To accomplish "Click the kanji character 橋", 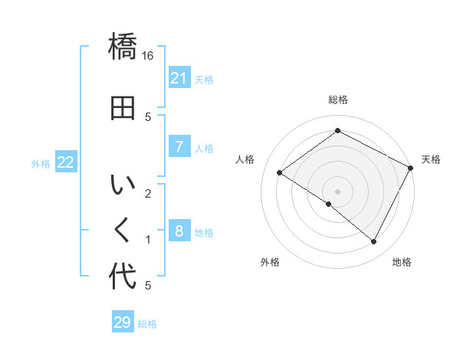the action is pyautogui.click(x=123, y=47).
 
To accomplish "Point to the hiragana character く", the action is pyautogui.click(x=123, y=230).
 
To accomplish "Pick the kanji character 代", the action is pyautogui.click(x=123, y=276).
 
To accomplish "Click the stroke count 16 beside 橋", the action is pyautogui.click(x=148, y=56).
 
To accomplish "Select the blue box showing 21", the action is pyautogui.click(x=179, y=77).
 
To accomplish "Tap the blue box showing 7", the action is pyautogui.click(x=179, y=146).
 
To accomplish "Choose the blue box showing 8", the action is pyautogui.click(x=179, y=231).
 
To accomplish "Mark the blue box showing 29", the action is pyautogui.click(x=122, y=322).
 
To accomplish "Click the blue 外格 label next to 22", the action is pyautogui.click(x=41, y=163).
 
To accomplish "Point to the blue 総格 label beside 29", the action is pyautogui.click(x=147, y=324).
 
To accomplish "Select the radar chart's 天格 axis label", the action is pyautogui.click(x=432, y=159).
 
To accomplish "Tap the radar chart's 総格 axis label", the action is pyautogui.click(x=338, y=100).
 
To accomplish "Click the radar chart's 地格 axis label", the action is pyautogui.click(x=402, y=262).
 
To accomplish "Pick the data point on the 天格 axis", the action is pyautogui.click(x=411, y=168).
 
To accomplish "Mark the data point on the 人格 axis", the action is pyautogui.click(x=280, y=173).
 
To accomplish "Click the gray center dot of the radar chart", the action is pyautogui.click(x=337, y=191).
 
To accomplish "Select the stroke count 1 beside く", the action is pyautogui.click(x=148, y=240).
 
